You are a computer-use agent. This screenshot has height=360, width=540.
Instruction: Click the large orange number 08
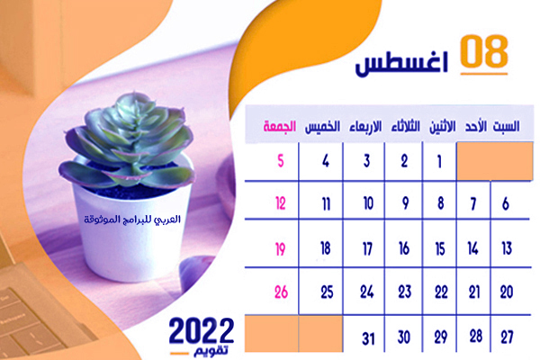484,51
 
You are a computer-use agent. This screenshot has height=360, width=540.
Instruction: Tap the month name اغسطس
401,63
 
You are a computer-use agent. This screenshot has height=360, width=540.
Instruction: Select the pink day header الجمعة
280,126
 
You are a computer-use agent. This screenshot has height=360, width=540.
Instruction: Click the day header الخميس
322,126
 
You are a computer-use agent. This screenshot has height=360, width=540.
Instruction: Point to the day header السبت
506,126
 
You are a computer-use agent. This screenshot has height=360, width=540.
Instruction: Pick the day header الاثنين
442,126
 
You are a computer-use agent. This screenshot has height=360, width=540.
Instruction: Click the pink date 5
281,161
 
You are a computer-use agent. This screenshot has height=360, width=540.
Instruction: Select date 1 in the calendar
439,162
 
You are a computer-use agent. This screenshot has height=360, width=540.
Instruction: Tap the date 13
507,248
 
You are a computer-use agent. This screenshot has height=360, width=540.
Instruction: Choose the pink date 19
280,248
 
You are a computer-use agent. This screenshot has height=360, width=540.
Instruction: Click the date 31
368,339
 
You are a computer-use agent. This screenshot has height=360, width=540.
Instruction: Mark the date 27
508,337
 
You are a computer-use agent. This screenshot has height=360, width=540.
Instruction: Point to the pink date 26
281,292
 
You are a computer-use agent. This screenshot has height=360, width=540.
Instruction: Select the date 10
368,203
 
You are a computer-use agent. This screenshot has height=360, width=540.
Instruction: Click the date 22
441,292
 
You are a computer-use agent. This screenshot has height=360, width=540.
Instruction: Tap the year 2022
202,330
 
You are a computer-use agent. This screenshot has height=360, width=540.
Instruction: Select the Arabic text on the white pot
132,220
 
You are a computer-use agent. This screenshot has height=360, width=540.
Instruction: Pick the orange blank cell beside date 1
494,161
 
